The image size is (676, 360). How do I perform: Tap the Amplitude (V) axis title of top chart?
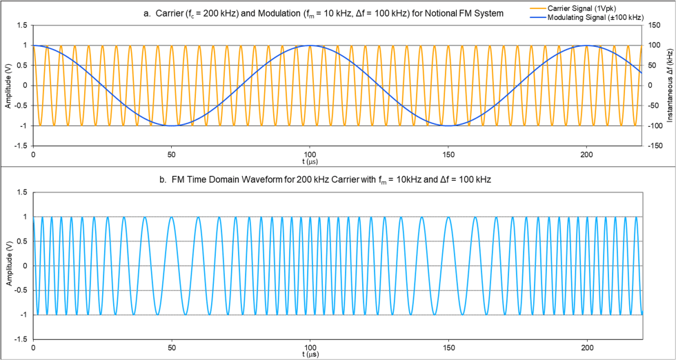coord(8,86)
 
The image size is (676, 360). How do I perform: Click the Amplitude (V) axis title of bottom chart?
coord(8,266)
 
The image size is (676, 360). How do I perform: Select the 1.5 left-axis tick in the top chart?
coord(21,26)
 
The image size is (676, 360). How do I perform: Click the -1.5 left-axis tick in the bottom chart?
coord(21,339)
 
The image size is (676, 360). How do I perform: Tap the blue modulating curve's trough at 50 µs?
coord(172,126)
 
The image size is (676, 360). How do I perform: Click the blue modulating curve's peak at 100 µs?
coord(310,46)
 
